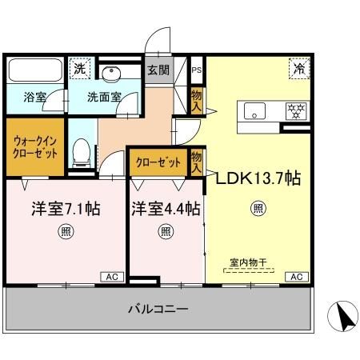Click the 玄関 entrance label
pos(158,70)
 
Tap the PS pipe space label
pos(197,70)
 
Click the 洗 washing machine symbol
pos(79,69)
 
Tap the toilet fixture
pos(80,153)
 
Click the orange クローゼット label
pos(159,163)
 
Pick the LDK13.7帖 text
pos(258,178)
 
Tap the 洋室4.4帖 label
pos(166,210)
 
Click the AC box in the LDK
pos(296,276)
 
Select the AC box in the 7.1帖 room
pos(111,276)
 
